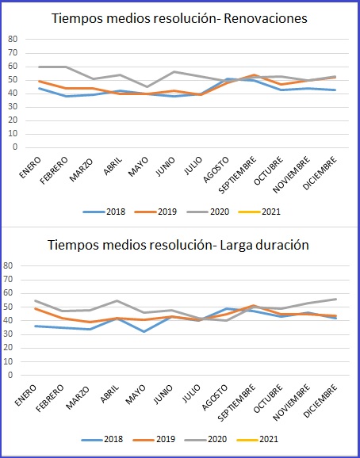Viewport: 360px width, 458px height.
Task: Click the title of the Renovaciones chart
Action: (179, 18)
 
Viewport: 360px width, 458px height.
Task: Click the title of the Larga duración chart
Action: (178, 245)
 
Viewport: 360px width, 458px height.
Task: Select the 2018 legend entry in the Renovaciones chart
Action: (105, 212)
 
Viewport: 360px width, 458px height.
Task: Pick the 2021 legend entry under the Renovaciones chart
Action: (259, 212)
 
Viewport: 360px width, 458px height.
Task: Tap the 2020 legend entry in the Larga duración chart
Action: (205, 439)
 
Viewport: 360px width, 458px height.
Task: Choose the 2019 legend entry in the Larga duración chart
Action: (154, 439)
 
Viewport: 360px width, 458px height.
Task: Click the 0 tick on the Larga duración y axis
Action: (10, 375)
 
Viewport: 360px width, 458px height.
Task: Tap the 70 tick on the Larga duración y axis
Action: (8, 280)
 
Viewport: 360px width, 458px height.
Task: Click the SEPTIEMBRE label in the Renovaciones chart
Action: (238, 174)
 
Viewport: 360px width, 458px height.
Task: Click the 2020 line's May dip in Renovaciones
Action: (147, 86)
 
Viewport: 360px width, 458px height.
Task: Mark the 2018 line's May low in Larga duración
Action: (144, 331)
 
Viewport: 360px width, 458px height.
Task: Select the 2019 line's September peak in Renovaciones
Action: (255, 75)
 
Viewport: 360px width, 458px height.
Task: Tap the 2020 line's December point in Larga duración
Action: (336, 299)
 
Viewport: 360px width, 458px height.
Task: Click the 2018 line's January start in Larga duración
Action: (35, 326)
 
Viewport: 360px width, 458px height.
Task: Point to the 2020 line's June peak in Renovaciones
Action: (174, 71)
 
